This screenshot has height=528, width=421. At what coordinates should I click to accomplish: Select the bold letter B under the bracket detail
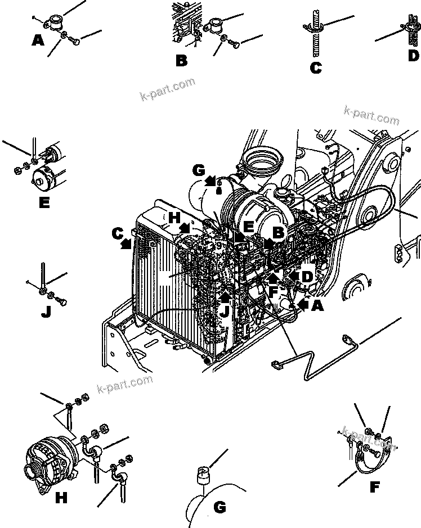click(181, 60)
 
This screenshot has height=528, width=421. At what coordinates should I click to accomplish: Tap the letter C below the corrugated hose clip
click(315, 67)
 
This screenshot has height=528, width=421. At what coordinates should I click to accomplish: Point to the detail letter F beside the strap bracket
click(374, 488)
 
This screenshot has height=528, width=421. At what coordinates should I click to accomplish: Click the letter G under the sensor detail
click(220, 507)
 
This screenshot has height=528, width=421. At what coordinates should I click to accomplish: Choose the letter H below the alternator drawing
click(62, 497)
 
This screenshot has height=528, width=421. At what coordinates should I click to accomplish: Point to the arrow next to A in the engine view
click(303, 305)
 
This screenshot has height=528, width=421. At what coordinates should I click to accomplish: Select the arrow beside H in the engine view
click(184, 228)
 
